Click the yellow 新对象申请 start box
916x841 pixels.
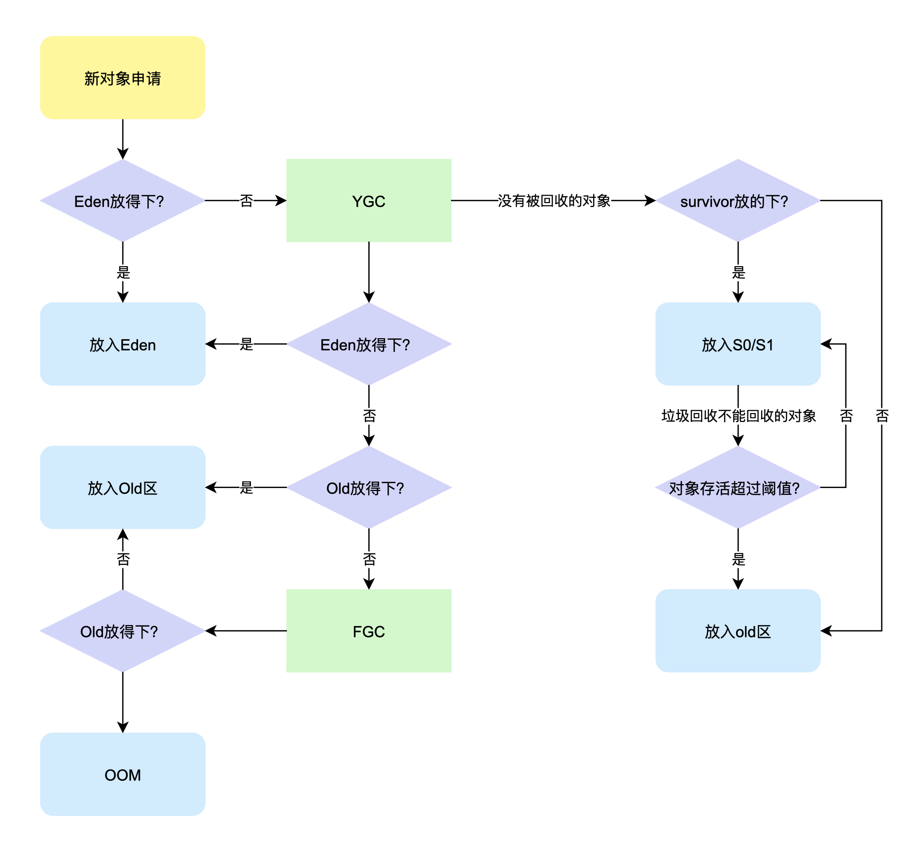pos(122,77)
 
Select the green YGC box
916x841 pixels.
pos(368,200)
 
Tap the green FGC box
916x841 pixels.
pos(368,631)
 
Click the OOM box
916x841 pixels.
pos(122,774)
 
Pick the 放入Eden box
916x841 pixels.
pos(122,344)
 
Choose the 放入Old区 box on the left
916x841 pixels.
pos(122,488)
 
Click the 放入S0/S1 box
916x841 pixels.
pos(738,344)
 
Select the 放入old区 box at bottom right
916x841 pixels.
pos(738,631)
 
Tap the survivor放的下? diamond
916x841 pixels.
pos(738,200)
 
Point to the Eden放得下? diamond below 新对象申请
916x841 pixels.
pos(122,200)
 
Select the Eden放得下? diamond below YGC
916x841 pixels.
pos(368,344)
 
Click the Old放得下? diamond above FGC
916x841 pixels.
pos(368,488)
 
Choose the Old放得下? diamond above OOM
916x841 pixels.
pos(122,631)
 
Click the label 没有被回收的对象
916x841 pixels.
pos(554,200)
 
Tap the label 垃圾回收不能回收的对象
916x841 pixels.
pos(738,416)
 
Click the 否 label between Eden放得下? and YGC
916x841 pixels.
pos(246,200)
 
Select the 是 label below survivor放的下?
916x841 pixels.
pos(738,272)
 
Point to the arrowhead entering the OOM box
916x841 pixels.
pos(123,728)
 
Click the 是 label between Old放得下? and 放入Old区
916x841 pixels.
pos(246,488)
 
